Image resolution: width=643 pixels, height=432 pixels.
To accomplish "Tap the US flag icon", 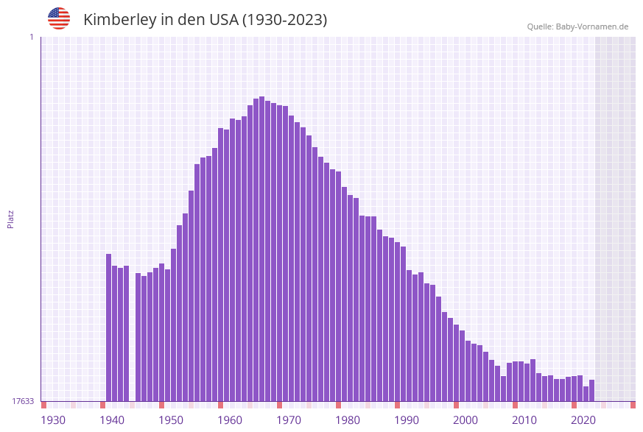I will click(x=59, y=18).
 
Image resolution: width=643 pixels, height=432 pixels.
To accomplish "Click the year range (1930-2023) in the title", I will click(x=284, y=20).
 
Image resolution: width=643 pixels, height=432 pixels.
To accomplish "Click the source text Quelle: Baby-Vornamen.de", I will click(x=577, y=26).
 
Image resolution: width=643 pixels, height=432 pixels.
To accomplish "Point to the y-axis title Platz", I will click(x=11, y=219).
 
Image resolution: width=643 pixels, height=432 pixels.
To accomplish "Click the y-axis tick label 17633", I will click(x=23, y=401).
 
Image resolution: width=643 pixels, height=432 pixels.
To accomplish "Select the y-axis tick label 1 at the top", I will click(x=31, y=37).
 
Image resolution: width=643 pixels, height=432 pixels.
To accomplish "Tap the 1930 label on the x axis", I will click(x=53, y=420).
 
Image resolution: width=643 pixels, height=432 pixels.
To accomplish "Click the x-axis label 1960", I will click(x=230, y=420).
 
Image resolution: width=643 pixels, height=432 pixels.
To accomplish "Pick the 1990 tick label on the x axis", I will click(x=407, y=420).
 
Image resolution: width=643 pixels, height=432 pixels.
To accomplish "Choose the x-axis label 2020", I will click(x=583, y=420).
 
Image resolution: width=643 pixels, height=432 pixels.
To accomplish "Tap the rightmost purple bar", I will click(x=591, y=390).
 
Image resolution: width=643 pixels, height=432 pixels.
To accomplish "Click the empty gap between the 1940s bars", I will click(x=133, y=331).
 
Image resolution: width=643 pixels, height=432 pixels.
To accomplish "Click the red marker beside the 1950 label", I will click(x=161, y=405).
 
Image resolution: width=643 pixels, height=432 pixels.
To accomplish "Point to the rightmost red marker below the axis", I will click(x=633, y=405).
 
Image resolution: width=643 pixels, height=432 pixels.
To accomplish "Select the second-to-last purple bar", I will click(x=586, y=393).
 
